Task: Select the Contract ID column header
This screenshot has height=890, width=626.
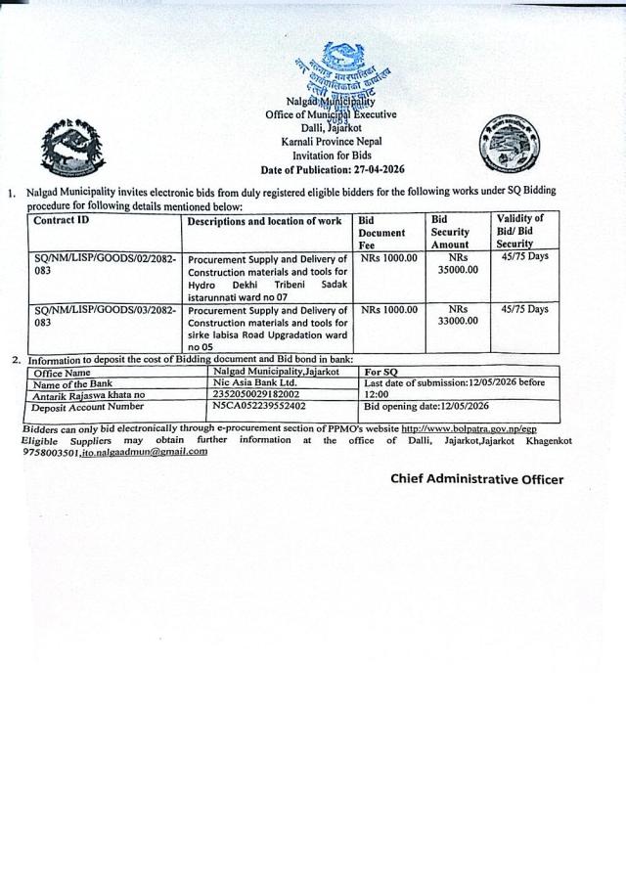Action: tap(61, 221)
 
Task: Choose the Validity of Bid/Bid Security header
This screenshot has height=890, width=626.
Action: tap(519, 231)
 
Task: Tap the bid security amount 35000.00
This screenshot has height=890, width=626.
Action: tap(457, 270)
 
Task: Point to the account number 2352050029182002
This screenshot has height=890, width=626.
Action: tap(256, 394)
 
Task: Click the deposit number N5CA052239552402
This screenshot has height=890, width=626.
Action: tap(259, 405)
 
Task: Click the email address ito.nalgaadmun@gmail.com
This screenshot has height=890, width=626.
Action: tap(145, 452)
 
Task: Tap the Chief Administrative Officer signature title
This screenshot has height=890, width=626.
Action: tap(476, 479)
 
